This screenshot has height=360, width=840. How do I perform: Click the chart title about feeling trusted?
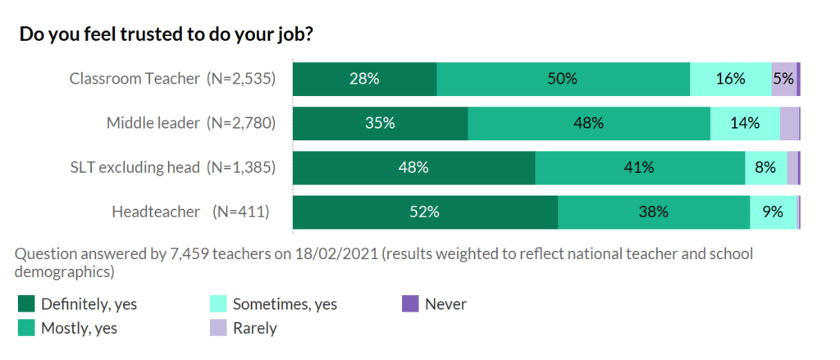click(166, 35)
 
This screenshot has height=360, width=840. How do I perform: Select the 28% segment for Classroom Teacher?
click(364, 80)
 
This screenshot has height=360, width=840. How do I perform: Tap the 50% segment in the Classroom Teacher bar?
click(563, 80)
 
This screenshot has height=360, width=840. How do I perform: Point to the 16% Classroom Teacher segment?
click(730, 80)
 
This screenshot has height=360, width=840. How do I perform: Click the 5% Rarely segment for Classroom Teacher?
click(783, 80)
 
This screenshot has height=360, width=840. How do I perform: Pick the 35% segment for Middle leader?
click(380, 124)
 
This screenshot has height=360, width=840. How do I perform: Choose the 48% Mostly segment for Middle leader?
click(589, 124)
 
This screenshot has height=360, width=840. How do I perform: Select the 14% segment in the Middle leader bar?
click(745, 124)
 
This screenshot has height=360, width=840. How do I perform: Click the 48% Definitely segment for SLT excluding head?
click(413, 168)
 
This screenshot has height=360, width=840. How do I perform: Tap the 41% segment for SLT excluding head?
click(640, 168)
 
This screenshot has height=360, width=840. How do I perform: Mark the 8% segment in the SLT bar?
click(765, 168)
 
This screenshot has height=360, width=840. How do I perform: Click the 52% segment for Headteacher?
click(425, 212)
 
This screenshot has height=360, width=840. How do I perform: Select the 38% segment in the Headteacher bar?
click(654, 212)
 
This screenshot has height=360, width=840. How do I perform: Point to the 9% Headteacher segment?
click(773, 212)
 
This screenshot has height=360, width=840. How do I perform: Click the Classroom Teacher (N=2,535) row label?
click(171, 80)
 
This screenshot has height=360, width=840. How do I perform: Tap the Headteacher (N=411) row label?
click(190, 212)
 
